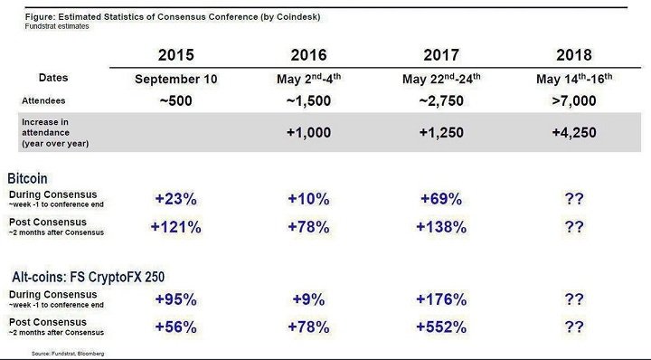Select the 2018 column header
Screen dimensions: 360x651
(x=573, y=54)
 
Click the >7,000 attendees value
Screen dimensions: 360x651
(x=573, y=100)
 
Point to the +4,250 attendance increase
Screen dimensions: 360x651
(x=573, y=132)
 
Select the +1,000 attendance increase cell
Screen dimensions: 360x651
(x=310, y=132)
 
